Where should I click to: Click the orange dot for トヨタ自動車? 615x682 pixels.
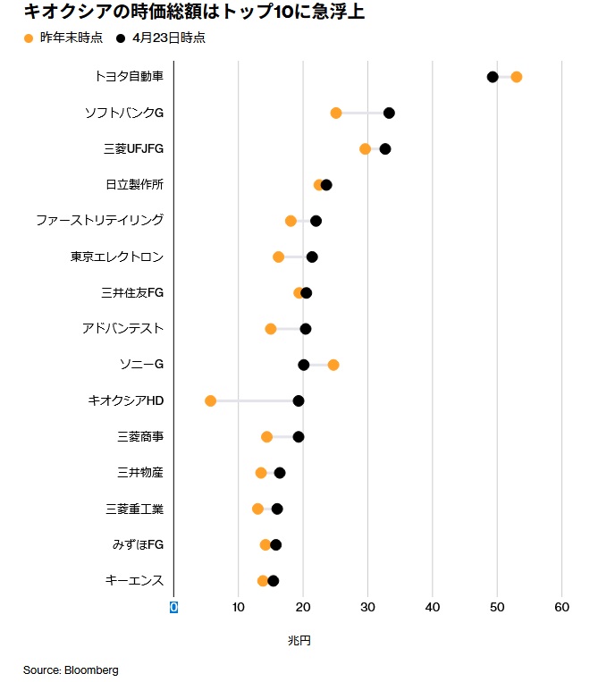point(516,77)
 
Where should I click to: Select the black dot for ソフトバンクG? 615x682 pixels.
point(389,113)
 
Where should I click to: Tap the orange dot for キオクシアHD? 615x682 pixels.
point(210,400)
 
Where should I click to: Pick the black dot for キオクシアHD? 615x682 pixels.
point(299,400)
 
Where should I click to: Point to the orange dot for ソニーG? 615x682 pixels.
point(333,365)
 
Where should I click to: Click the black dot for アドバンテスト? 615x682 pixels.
point(306,329)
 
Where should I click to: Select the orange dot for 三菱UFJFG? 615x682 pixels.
point(365,148)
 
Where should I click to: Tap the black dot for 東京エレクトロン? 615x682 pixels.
point(312,257)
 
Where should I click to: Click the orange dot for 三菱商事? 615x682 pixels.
point(266,436)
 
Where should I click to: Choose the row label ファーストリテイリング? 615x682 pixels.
point(99,220)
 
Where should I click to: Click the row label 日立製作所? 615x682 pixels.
point(134,184)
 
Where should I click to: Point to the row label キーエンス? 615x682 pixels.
point(134,580)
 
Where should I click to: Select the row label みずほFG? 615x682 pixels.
point(138,544)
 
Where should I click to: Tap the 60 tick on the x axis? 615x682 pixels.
point(561,608)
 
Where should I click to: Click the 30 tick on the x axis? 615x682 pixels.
point(367,608)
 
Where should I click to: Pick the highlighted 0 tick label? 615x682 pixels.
point(174,608)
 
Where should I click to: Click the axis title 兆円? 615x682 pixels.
point(299,641)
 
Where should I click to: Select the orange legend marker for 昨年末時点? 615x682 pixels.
point(28,38)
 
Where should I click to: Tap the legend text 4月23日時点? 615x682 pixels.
point(168,38)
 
